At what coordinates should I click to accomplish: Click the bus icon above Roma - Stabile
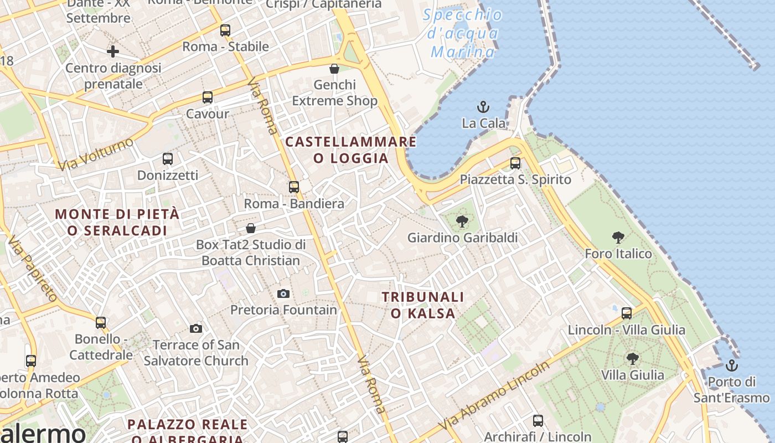point(225,30)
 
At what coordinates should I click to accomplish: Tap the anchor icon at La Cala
point(483,107)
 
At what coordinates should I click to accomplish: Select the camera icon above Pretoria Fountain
point(283,293)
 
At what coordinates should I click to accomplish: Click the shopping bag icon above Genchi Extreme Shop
point(334,69)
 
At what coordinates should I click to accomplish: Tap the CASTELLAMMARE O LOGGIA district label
point(350,150)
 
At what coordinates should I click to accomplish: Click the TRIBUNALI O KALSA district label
point(423,305)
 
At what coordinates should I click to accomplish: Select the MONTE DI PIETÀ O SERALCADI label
point(117,222)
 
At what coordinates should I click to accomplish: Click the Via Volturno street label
point(96,153)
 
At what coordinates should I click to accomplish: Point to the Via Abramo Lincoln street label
point(495,394)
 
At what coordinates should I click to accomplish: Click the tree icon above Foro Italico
point(618,238)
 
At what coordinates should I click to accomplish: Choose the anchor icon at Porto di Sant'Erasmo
point(732,365)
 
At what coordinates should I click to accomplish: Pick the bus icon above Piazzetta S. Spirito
point(515,163)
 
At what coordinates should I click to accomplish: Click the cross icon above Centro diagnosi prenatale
point(113,52)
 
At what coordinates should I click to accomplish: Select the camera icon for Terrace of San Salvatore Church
point(195,329)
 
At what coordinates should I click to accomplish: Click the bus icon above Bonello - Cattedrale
point(100,322)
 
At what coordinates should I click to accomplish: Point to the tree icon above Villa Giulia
point(632,359)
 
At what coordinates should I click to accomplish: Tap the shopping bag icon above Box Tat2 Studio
point(251,228)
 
